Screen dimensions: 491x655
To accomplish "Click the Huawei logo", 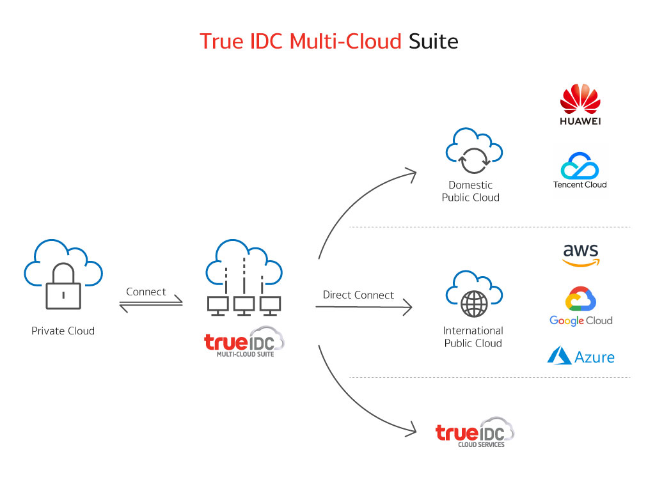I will click(580, 105).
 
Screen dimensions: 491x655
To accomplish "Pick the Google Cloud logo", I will click(581, 307).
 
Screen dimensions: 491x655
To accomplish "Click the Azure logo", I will click(581, 355).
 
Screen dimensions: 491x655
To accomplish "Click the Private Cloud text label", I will click(63, 331).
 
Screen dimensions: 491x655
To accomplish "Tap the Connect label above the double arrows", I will click(146, 292).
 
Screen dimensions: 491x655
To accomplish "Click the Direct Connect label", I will click(358, 295).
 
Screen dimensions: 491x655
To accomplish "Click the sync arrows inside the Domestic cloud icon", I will click(473, 160).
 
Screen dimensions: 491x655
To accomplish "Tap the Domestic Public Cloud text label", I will click(471, 191).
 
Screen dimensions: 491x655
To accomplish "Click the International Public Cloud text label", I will click(473, 337).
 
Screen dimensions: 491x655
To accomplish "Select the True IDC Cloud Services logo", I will click(475, 435).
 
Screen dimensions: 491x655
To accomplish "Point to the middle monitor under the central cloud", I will click(244, 306).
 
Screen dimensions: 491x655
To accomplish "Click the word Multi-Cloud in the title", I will click(345, 41).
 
